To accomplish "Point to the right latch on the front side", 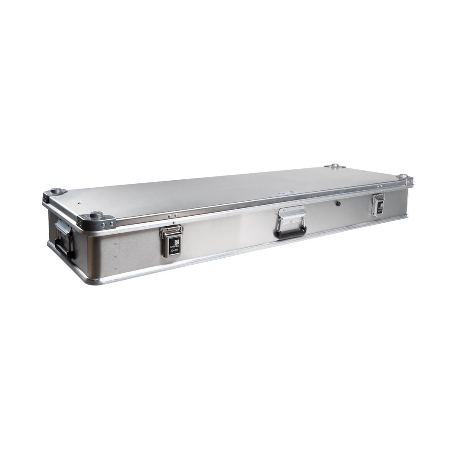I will (378, 204).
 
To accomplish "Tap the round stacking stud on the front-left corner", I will (96, 215).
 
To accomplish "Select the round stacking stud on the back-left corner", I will (56, 191).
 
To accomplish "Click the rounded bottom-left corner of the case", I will (88, 279).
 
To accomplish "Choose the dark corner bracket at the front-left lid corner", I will (97, 222).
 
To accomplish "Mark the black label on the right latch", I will (380, 207).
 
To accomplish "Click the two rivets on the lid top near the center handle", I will (286, 192).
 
